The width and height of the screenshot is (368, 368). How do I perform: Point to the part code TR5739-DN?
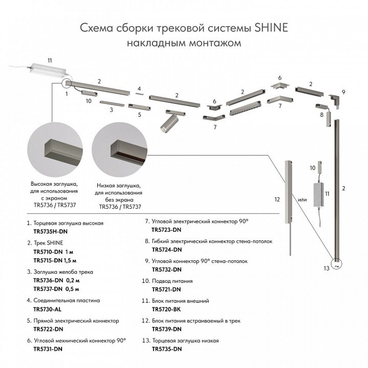tap(167, 328)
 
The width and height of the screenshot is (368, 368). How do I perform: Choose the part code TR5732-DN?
tap(167, 269)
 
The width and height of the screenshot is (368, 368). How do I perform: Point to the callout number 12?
tap(277, 199)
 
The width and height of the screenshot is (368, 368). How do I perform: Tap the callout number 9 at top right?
tap(343, 91)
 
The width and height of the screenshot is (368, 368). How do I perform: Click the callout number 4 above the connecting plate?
tap(139, 89)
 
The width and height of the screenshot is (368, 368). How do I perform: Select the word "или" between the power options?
tap(302, 200)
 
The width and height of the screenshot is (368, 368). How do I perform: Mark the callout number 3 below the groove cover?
tap(111, 109)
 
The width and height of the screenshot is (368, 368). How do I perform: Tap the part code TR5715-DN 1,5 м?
tap(54, 261)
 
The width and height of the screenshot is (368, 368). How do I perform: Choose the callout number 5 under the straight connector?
tap(139, 114)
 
